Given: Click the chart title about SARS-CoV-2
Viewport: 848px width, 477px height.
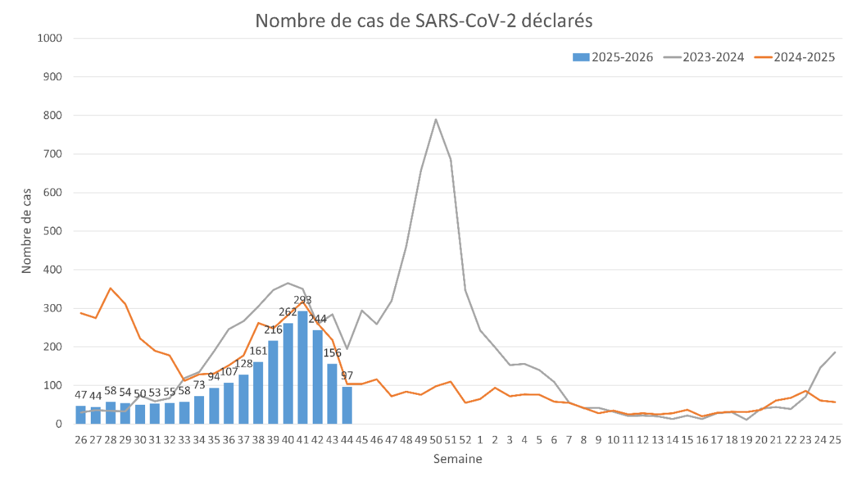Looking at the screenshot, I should [424, 21].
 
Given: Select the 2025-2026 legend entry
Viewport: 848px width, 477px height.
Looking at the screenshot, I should [613, 57].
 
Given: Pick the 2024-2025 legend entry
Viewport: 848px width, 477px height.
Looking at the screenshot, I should [795, 57].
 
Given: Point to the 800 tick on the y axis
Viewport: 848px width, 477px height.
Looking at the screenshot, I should [53, 115].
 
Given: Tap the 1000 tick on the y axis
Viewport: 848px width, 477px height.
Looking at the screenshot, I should [50, 38].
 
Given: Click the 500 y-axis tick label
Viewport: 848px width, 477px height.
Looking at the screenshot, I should [53, 231].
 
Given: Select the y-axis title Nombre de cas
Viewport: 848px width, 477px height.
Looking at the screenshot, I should [27, 231].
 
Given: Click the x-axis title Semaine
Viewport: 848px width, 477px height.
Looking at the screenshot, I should [457, 458].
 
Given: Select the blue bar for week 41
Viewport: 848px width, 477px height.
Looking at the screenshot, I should [303, 368].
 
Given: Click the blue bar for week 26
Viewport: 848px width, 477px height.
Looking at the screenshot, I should [81, 415].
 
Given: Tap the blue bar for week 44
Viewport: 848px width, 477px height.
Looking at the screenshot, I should [347, 405].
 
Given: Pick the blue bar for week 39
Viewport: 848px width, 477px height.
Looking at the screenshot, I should [273, 382].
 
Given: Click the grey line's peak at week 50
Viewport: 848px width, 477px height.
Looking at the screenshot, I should [436, 119].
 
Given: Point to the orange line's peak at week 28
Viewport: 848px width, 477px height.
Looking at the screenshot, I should [111, 288].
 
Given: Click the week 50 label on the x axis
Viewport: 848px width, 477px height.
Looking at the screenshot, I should [436, 439].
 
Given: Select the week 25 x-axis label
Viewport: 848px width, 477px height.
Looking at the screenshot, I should [835, 439].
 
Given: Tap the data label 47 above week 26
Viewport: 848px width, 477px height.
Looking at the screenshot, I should [81, 396].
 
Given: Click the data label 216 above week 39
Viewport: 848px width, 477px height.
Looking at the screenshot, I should [273, 330].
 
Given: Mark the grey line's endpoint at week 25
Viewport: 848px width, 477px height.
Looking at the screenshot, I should [835, 352].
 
